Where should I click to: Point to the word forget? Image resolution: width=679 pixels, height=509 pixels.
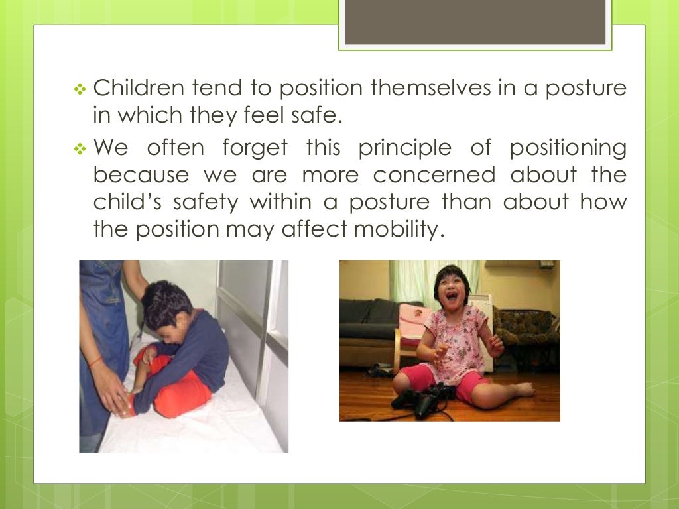click(255, 147)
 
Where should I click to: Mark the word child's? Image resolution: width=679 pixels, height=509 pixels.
click(130, 202)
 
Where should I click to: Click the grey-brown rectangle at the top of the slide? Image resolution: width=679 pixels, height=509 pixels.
click(475, 22)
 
